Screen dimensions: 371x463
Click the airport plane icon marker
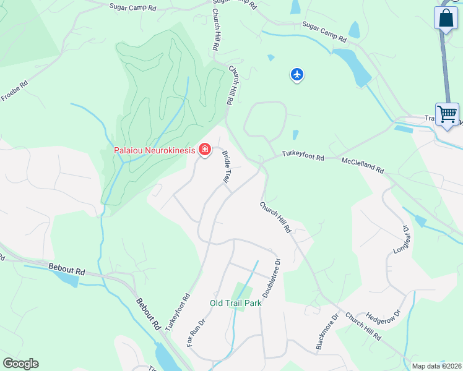pos(297,75)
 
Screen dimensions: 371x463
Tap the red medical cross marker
pos(204,150)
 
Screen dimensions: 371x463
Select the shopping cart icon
pos(447,114)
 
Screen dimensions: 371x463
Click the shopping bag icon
pos(446,18)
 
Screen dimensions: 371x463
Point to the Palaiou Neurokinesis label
pos(153,150)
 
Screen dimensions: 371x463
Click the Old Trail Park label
pos(235,303)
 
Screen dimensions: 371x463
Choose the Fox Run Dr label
pos(196,333)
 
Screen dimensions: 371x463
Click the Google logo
pos(20,364)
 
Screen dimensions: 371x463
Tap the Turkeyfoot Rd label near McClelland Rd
pos(303,157)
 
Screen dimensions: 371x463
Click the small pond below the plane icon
pos(295,135)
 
